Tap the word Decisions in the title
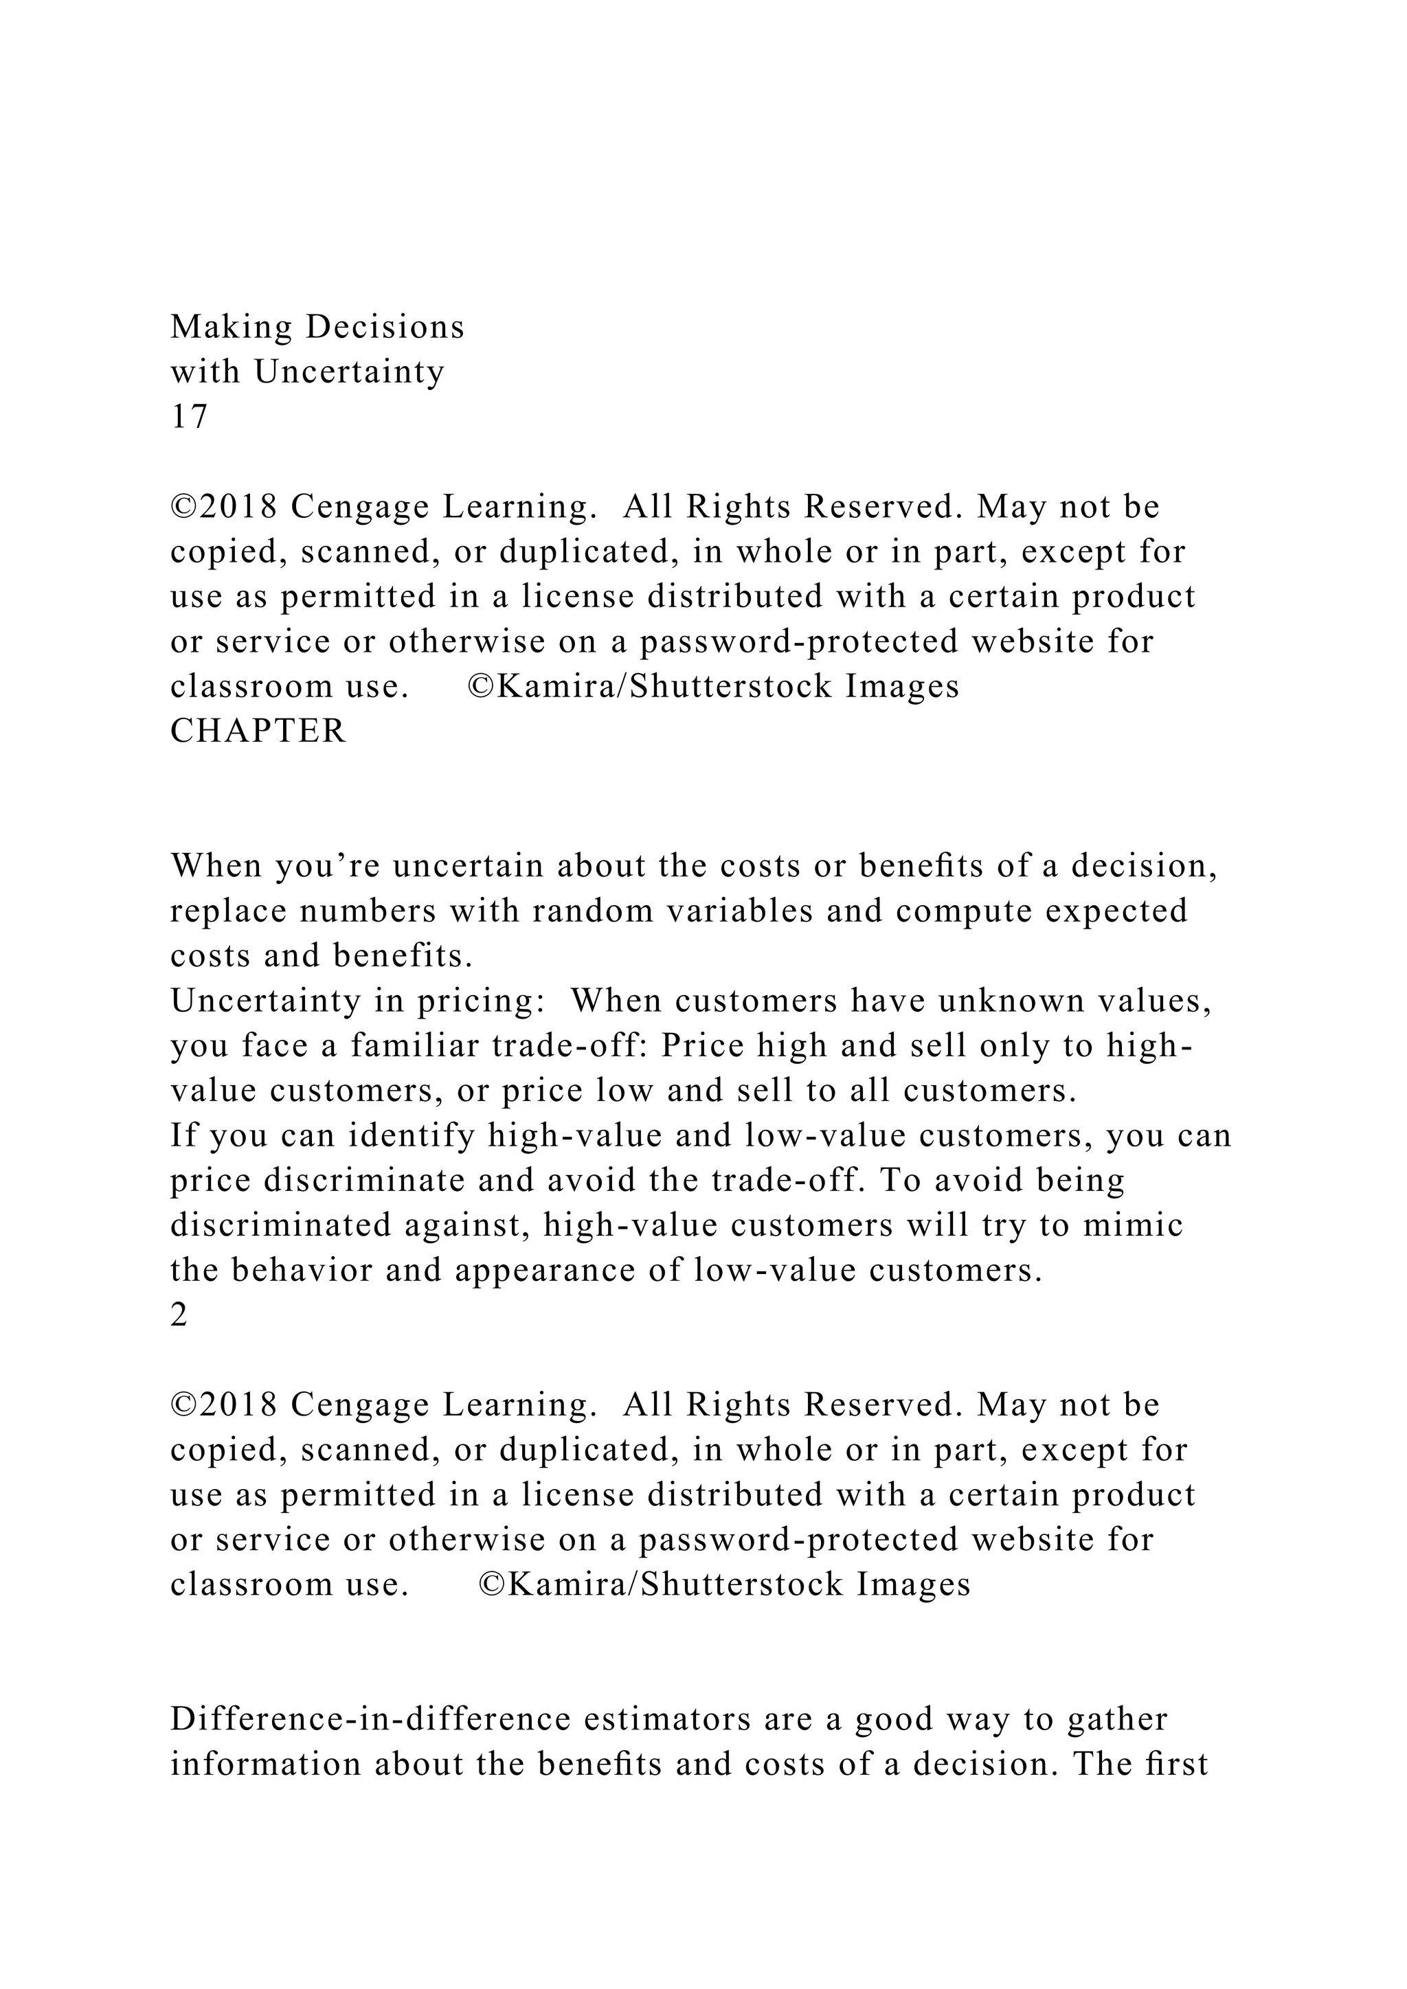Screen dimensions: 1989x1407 tap(385, 328)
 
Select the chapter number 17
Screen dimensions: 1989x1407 tap(189, 418)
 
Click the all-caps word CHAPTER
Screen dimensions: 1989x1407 tap(258, 731)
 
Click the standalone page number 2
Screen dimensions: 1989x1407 tap(179, 1316)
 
